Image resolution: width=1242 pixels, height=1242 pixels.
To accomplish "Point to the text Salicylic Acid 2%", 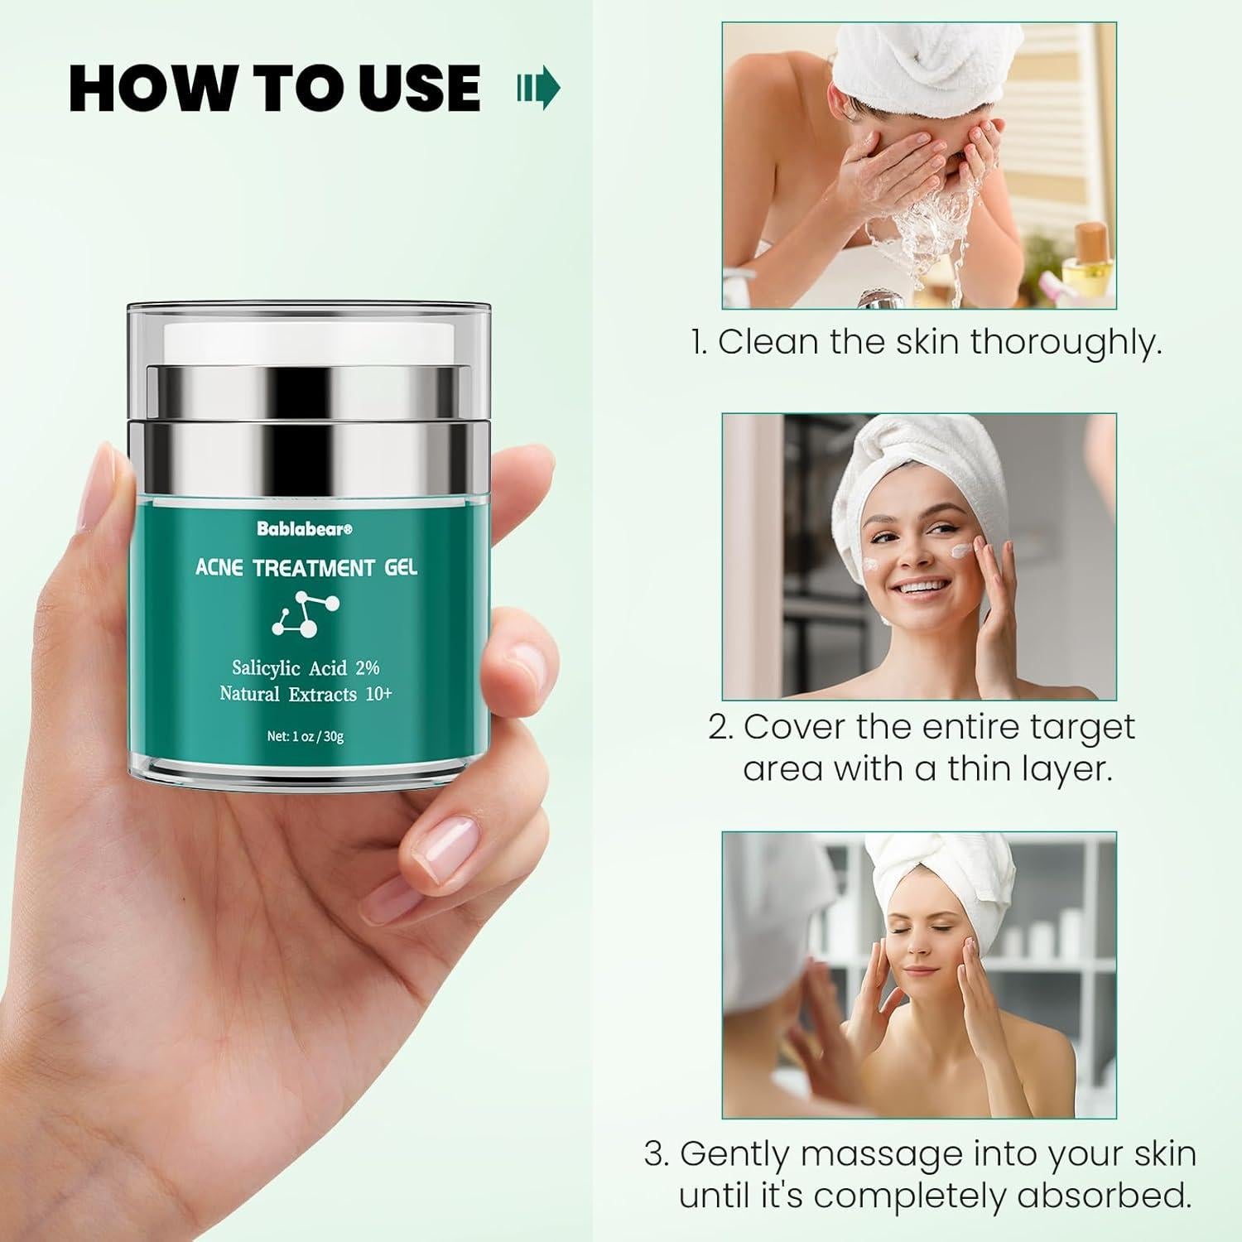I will pyautogui.click(x=306, y=668).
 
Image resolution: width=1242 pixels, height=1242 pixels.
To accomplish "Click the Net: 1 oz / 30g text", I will pyautogui.click(x=305, y=736).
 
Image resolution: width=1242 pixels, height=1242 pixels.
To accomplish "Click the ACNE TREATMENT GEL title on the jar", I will pyautogui.click(x=306, y=568).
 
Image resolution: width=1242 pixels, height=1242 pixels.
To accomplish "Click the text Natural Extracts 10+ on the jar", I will pyautogui.click(x=306, y=694).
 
